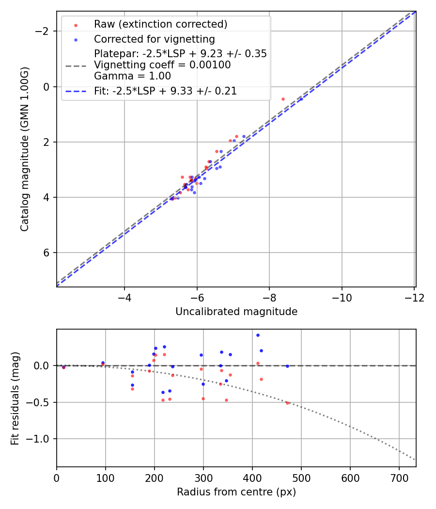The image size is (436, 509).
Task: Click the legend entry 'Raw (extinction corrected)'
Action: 160,24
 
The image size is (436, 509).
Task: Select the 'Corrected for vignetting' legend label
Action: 154,39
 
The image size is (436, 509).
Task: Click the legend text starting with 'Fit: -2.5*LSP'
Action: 165,91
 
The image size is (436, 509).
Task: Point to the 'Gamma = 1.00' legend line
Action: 132,76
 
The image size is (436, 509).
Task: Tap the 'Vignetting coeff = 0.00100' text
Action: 162,65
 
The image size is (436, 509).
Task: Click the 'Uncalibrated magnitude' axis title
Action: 236,312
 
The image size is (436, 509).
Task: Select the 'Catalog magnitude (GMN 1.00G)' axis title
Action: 25,149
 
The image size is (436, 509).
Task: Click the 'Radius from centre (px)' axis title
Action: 236,492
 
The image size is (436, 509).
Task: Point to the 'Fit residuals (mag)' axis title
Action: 15,398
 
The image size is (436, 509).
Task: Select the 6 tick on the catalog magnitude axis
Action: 47,253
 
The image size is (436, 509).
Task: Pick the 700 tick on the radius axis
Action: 399,477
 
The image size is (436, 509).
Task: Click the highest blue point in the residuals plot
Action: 258,335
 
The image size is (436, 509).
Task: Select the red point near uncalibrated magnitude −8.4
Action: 283,99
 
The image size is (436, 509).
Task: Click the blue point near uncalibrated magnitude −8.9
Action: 300,99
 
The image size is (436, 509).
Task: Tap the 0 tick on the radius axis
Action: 57,477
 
